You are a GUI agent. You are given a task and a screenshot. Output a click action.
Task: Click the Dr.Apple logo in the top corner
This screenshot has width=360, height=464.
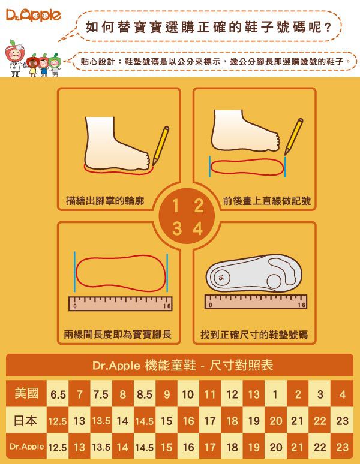33,16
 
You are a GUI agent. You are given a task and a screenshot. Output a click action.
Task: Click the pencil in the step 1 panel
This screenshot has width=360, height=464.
161,146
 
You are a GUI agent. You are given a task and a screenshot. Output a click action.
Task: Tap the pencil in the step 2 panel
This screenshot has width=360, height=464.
293,137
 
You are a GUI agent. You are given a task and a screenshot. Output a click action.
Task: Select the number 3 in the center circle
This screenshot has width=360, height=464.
177,229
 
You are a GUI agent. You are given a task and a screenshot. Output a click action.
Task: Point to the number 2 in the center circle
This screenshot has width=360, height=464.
199,206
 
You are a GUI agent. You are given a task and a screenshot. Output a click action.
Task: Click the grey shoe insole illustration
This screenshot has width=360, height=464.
254,273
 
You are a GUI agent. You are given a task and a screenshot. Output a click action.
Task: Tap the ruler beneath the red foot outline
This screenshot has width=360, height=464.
120,303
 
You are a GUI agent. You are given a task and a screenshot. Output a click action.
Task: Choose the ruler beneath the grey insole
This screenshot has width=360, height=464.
256,302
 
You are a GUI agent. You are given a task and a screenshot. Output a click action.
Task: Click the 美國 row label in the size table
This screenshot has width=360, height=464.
26,394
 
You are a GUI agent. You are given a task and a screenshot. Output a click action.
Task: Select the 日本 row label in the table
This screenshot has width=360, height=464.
26,420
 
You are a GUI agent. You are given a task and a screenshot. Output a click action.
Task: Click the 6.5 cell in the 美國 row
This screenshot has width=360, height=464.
58,394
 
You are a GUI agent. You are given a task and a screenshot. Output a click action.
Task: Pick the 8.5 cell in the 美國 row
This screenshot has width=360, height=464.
145,394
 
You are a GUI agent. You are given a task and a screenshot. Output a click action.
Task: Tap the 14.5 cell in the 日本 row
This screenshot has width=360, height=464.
145,420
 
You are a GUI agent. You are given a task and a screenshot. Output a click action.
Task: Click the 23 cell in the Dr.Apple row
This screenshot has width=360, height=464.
342,447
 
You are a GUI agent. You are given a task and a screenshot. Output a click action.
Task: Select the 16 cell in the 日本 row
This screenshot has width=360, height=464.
188,420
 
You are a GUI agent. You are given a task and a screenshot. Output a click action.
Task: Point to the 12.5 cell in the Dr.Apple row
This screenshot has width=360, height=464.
58,447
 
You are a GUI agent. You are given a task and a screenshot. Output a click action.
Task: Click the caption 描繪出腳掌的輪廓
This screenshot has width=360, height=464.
105,201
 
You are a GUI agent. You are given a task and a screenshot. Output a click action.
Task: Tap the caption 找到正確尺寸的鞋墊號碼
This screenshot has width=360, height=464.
254,335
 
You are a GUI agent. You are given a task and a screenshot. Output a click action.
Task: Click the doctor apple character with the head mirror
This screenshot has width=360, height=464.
16,58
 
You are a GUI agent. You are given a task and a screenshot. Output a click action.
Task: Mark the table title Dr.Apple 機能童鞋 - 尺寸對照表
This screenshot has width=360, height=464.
182,366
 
